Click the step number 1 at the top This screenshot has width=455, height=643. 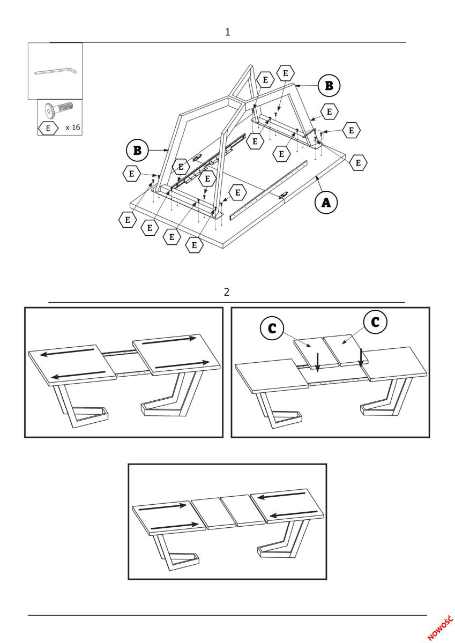coord(228,32)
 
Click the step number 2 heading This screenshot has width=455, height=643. coord(227,292)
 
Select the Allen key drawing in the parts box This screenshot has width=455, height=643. coord(55,71)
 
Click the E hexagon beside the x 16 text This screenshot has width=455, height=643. coord(48,129)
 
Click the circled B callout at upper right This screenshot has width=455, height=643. coord(329,85)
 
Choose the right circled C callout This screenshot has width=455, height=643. coord(375,322)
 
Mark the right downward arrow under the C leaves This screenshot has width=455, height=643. coord(362,357)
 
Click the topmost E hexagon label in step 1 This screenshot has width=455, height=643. coord(285,73)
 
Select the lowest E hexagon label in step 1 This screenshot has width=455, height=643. coord(195,245)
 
